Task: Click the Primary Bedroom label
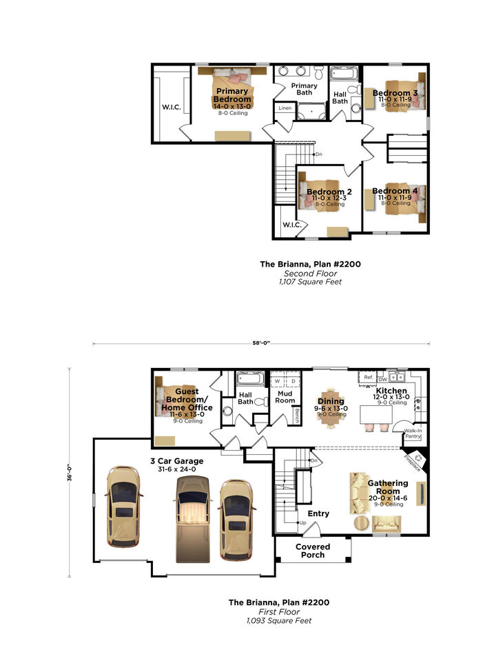232,95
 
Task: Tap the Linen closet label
285,109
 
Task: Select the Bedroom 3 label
395,94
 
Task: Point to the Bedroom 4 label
395,191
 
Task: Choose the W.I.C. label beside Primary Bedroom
171,107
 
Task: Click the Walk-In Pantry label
413,433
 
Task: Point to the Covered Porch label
313,551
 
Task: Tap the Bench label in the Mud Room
297,416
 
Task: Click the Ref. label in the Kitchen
369,378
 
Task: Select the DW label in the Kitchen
382,379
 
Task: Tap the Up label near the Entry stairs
302,522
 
